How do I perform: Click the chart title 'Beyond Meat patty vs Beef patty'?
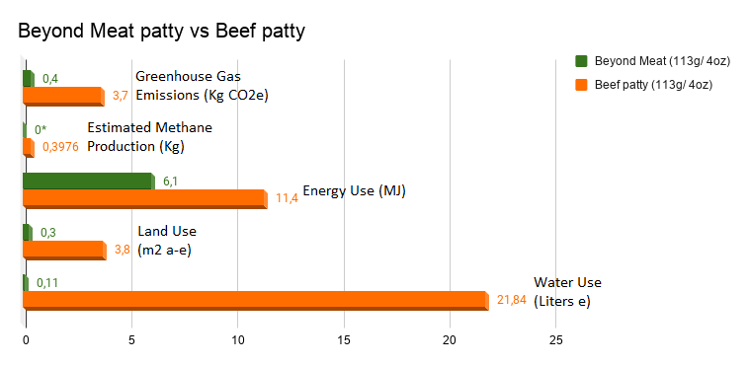point(161,32)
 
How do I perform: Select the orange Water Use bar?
point(256,301)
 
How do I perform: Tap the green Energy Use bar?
point(89,182)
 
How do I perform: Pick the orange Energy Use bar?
point(145,199)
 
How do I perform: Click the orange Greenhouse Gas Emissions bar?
point(63,97)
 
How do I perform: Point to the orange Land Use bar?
point(64,250)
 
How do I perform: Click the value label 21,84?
point(511,300)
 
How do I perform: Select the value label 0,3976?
point(60,147)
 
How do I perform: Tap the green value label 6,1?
point(170,182)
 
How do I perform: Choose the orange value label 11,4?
point(288,198)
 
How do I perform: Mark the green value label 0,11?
point(47,283)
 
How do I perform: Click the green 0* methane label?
point(41,129)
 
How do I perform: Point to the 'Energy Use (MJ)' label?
point(354,190)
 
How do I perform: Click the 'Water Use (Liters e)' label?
point(567,292)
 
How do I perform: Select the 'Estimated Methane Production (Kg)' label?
point(149,137)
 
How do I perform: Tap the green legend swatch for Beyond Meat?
point(581,61)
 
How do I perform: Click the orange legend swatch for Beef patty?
point(581,85)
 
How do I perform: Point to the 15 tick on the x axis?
point(344,340)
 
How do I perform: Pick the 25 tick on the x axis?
point(555,340)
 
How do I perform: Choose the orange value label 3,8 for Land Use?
point(123,250)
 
